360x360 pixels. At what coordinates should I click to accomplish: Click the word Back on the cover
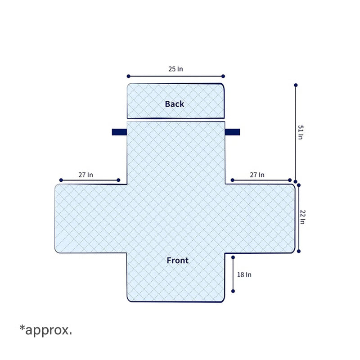pos(175,104)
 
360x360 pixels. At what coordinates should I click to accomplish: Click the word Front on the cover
pos(177,261)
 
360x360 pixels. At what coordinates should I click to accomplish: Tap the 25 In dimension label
pos(175,69)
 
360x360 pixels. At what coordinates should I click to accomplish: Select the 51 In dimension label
pos(301,132)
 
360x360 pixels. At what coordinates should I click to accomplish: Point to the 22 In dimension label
pos(302,217)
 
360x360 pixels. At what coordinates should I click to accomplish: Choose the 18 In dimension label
pos(244,274)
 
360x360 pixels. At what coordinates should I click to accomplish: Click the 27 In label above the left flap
pos(85,175)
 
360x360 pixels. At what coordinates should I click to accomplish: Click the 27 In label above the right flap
pos(257,175)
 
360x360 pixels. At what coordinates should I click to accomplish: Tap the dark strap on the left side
pos(119,132)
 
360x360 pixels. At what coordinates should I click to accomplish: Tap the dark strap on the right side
pos(232,132)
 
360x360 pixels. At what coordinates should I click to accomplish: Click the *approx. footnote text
pos(46,330)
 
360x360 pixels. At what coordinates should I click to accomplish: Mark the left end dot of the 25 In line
pos(128,76)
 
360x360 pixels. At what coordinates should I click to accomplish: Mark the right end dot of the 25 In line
pos(223,76)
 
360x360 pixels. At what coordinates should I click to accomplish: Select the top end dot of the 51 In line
pos(296,85)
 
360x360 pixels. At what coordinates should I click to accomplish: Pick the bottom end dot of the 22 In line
pos(299,251)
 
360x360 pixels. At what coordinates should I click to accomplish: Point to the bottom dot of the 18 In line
pos(233,291)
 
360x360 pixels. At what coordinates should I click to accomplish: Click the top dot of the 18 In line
pos(233,257)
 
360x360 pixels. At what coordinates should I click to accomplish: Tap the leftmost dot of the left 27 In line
pos(61,180)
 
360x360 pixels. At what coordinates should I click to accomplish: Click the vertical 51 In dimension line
pos(296,133)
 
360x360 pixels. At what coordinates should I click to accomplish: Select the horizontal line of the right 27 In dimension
pos(261,180)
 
